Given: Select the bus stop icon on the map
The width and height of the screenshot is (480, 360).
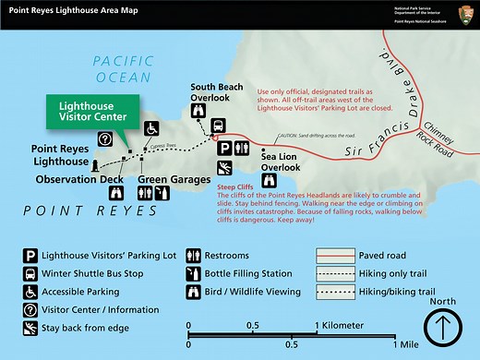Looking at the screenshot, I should [x=218, y=126].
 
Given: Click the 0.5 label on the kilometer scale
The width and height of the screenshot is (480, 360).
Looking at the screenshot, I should [x=252, y=326].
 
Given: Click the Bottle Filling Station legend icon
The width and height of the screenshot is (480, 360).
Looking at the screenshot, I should [x=195, y=272].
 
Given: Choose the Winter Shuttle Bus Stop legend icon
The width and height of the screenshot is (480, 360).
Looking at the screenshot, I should [x=31, y=272].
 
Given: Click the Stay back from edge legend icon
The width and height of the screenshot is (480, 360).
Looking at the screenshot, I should [x=31, y=328].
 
